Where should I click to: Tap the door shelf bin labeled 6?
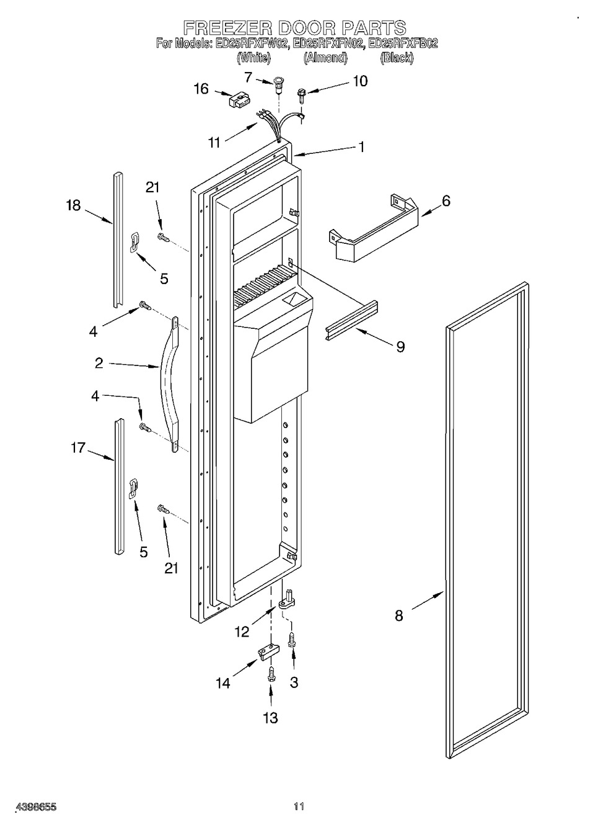tap(373, 227)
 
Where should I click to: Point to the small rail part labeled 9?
tap(352, 320)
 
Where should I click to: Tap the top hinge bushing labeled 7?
tap(278, 84)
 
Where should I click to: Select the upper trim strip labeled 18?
tap(118, 239)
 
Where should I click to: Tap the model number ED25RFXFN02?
tap(327, 43)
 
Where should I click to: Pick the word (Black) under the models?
tap(397, 57)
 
